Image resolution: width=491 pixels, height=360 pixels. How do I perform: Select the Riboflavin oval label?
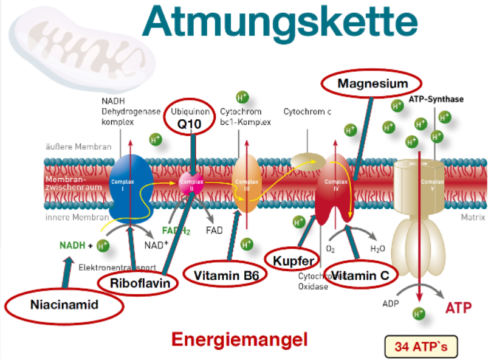(139, 283)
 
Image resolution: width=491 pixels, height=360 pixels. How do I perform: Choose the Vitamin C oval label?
(361, 275)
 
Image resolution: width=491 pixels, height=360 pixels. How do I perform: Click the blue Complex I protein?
(130, 182)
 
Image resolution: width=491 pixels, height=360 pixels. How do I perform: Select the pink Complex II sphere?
(192, 182)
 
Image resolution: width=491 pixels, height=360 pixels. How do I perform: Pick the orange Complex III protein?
(247, 182)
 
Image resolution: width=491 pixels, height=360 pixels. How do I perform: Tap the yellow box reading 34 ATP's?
(421, 347)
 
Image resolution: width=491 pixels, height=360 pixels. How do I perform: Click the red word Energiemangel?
(239, 339)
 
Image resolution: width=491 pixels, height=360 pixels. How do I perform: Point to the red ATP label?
(458, 308)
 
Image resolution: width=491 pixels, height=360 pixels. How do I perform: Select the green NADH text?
(72, 246)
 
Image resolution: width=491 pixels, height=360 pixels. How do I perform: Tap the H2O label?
(377, 249)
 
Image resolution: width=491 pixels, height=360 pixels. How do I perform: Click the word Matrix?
(473, 217)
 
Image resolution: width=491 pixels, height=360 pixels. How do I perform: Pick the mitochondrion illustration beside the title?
(81, 43)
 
